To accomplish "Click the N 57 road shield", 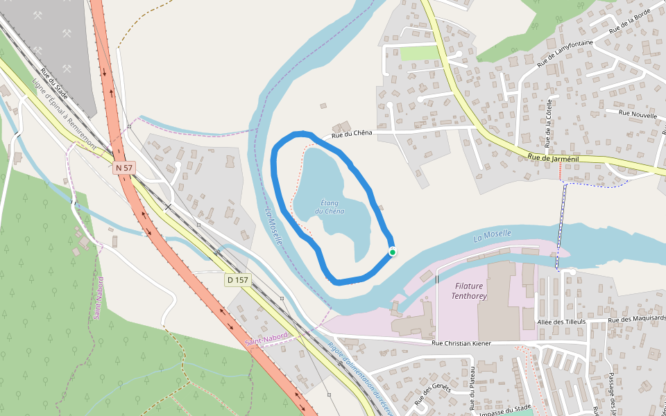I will [x=123, y=168].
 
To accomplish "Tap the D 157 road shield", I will [x=237, y=280].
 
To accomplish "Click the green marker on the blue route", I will [x=392, y=252].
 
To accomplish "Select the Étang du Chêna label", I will [x=330, y=207].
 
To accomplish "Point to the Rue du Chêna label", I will [x=352, y=134].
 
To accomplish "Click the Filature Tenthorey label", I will [x=471, y=291].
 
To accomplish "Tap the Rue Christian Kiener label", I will [x=461, y=343].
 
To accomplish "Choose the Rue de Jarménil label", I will [x=553, y=158].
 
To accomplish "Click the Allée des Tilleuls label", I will [x=563, y=322].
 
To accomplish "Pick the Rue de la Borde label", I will [x=630, y=21].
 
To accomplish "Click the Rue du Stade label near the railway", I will [x=54, y=83].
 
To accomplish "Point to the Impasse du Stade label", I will [x=504, y=410].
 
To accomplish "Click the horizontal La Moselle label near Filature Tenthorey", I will [x=493, y=236].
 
